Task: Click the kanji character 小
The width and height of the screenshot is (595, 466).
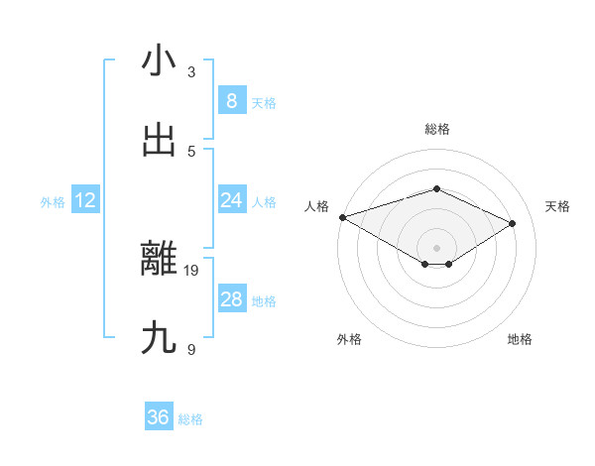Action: coord(159,61)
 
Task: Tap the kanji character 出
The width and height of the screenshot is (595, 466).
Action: coord(159,141)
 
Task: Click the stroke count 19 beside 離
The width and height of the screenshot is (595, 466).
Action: coord(192,269)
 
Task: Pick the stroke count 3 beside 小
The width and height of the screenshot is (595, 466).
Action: coord(191,71)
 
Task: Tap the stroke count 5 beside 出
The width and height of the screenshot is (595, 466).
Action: coord(191,151)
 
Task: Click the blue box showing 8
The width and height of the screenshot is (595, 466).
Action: coord(232,101)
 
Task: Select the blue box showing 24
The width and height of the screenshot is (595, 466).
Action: coord(232,200)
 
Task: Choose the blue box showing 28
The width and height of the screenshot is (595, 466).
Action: coord(232,299)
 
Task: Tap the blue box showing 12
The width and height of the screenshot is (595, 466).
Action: coord(85,200)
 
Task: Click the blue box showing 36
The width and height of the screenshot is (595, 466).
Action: coord(159,417)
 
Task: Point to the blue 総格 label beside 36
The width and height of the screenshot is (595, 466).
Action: coord(190,419)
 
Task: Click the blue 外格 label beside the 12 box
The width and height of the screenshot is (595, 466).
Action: coord(53,202)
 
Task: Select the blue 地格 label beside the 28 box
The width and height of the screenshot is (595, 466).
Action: coord(264,301)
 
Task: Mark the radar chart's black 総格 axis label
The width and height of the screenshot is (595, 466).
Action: coord(436,129)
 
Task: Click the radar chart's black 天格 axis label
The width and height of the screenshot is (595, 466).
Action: coord(557,206)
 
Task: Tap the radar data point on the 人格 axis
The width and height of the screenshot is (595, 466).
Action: coord(342,216)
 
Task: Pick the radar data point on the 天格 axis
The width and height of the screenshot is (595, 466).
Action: coord(513,223)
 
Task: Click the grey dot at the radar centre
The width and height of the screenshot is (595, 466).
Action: coord(436,248)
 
